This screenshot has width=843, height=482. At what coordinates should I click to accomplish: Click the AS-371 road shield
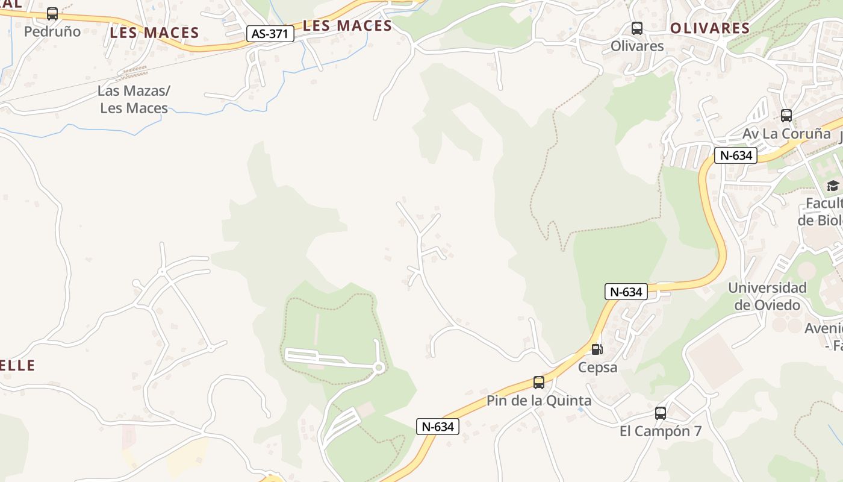point(270,34)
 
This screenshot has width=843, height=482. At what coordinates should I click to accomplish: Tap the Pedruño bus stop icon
point(52,13)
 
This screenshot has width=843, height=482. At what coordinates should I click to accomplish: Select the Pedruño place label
point(52,31)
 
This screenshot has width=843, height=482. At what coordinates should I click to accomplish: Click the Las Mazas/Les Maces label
point(134,99)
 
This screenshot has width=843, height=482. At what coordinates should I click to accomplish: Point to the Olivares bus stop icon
point(636,28)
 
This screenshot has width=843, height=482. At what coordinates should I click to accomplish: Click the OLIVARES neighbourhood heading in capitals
point(710,28)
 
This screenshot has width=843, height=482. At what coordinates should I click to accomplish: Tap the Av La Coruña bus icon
point(786,115)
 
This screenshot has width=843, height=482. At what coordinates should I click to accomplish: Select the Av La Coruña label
point(786,134)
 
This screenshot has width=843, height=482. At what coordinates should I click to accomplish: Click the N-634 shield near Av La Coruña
point(736,155)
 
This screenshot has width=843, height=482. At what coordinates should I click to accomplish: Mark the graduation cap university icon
point(833,186)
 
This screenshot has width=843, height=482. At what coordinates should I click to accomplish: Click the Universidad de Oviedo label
point(767,296)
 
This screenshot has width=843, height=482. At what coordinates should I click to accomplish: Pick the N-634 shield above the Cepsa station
point(626,292)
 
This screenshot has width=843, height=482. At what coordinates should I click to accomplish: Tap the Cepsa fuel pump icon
point(597,349)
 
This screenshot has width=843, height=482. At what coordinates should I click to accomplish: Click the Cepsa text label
point(597,367)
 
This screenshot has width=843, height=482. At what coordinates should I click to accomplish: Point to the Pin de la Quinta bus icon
point(538,382)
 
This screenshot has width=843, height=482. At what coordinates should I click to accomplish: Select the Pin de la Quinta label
point(538,401)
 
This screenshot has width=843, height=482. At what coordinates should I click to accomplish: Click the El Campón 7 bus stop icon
point(661,413)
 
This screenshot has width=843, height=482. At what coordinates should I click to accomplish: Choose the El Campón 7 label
point(661,431)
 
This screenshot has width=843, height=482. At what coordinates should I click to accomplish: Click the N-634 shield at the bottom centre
point(438,427)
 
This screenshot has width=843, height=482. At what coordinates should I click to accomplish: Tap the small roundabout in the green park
point(379,368)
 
